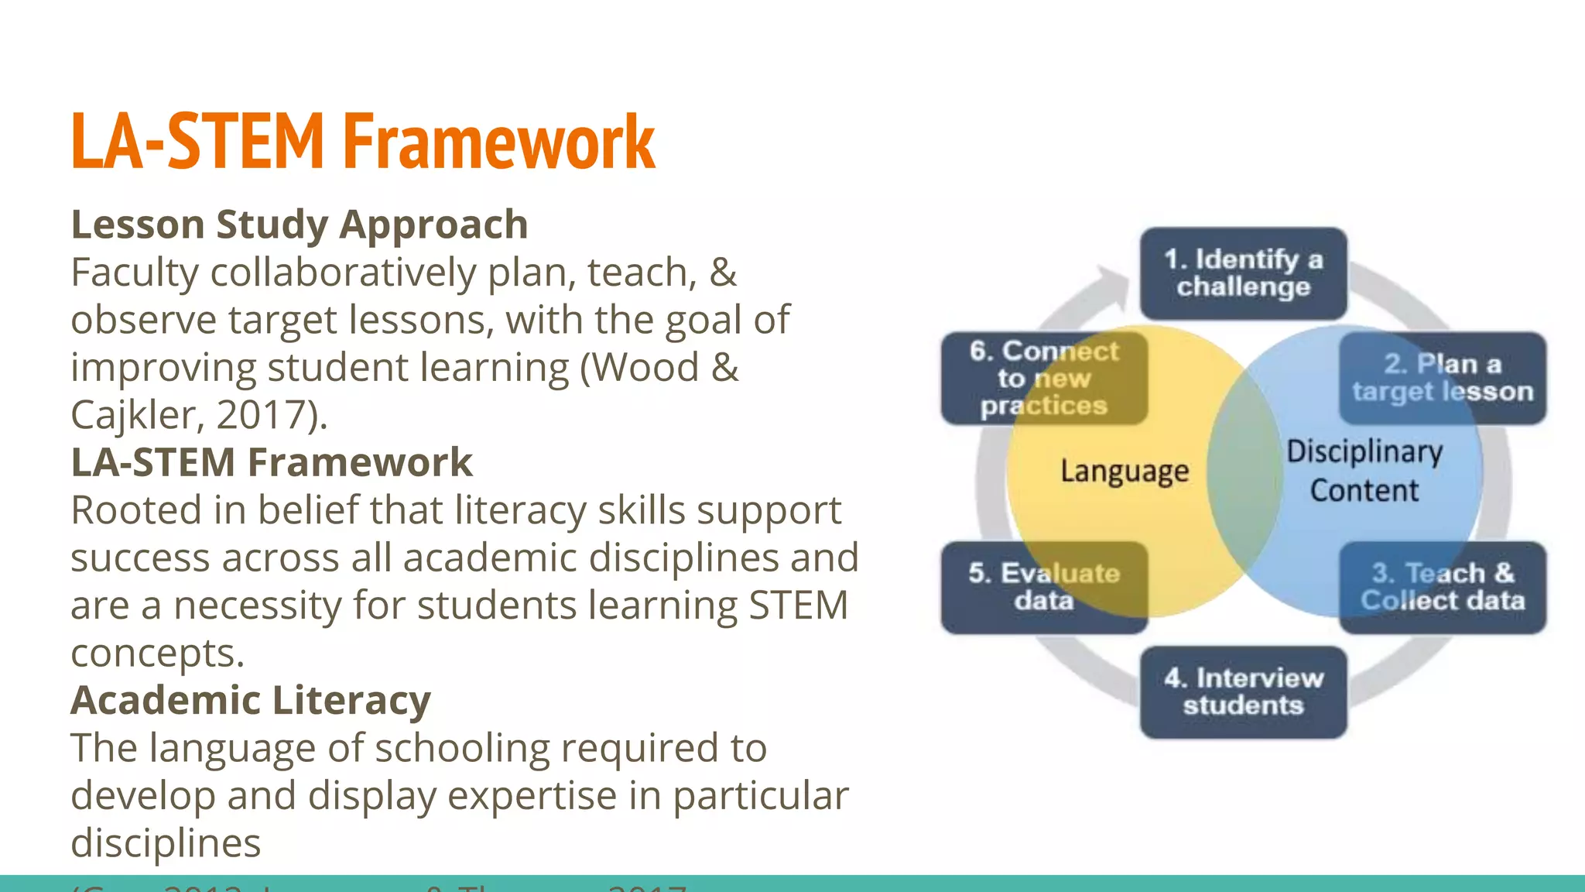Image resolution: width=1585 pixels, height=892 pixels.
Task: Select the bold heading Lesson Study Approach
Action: point(300,225)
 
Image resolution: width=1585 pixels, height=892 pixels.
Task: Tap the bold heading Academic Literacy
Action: point(251,700)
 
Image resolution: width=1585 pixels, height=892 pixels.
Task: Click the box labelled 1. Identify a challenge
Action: point(1243,273)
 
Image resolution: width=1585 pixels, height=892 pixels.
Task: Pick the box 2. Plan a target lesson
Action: point(1443,377)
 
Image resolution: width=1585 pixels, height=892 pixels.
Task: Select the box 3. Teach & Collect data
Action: point(1443,587)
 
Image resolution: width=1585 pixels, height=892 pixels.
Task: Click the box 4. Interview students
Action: point(1243,691)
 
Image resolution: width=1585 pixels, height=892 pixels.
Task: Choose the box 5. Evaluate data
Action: point(1044,587)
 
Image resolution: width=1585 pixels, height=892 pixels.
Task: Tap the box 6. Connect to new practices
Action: point(1044,378)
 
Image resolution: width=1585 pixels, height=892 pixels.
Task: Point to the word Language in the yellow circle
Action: point(1124,471)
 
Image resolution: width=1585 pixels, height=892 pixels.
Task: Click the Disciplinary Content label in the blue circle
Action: point(1364,471)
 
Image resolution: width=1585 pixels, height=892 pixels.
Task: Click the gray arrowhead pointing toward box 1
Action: point(1113,284)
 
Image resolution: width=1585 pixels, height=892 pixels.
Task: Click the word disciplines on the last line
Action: point(166,843)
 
